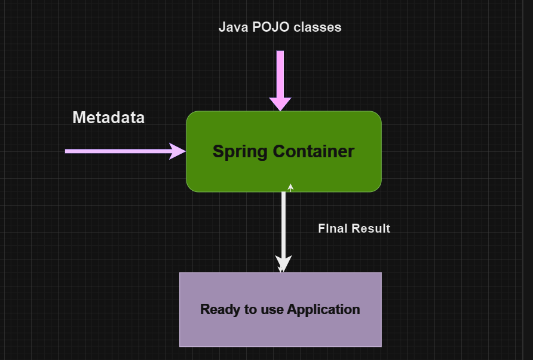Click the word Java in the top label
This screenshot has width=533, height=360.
pos(232,27)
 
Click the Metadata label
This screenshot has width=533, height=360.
pos(108,118)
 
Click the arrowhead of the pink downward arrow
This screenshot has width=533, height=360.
pos(280,103)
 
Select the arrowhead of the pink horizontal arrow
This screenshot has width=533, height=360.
pos(177,151)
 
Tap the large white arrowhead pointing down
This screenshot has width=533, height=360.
pos(283,263)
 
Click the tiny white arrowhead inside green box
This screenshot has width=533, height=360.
pos(290,187)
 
